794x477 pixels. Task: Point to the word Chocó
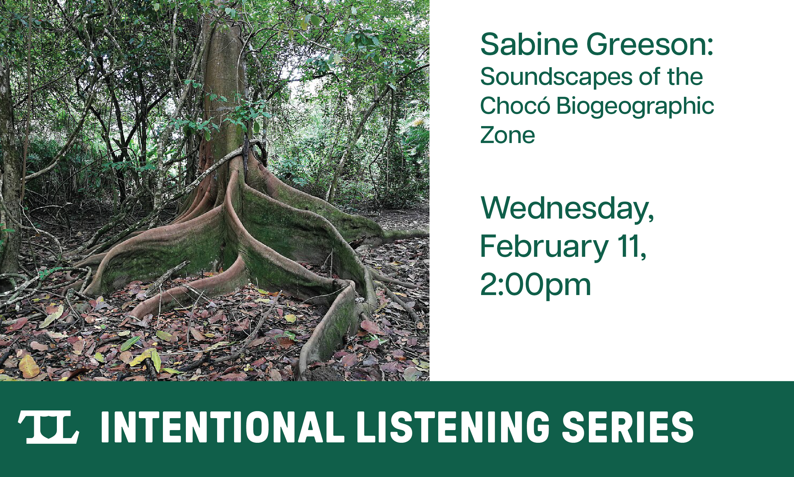[x=515, y=106]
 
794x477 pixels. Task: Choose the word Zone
[x=507, y=135]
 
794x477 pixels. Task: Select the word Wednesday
[x=567, y=209]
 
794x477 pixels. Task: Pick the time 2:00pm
[x=535, y=285]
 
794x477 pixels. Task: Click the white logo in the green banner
[x=49, y=427]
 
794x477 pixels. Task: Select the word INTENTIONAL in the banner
[x=222, y=427]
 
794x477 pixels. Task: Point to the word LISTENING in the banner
[x=453, y=427]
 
